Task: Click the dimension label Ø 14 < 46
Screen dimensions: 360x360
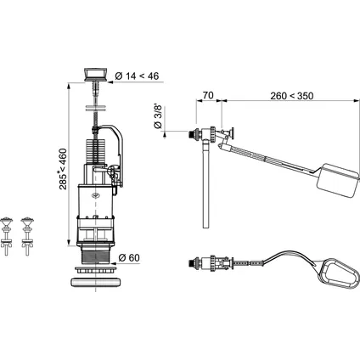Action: (137, 76)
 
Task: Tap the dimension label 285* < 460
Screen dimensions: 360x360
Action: (63, 169)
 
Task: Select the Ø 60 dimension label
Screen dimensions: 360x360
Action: (129, 258)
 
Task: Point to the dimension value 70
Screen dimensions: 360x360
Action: (208, 95)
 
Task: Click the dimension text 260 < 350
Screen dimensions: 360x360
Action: (292, 96)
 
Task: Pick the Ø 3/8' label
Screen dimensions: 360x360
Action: (158, 116)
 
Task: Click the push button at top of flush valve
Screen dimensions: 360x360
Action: (96, 75)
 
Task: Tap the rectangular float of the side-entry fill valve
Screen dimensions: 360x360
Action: (338, 180)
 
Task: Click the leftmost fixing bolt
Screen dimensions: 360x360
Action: (6, 236)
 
